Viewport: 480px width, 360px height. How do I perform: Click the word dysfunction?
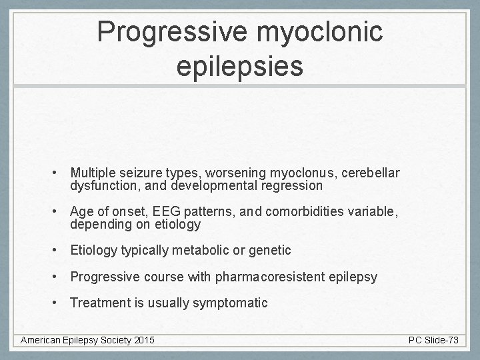(x=101, y=186)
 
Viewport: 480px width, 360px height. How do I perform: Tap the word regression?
(x=292, y=186)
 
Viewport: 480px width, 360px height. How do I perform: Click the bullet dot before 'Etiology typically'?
(x=59, y=251)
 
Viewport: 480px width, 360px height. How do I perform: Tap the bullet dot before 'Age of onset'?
(x=59, y=212)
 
